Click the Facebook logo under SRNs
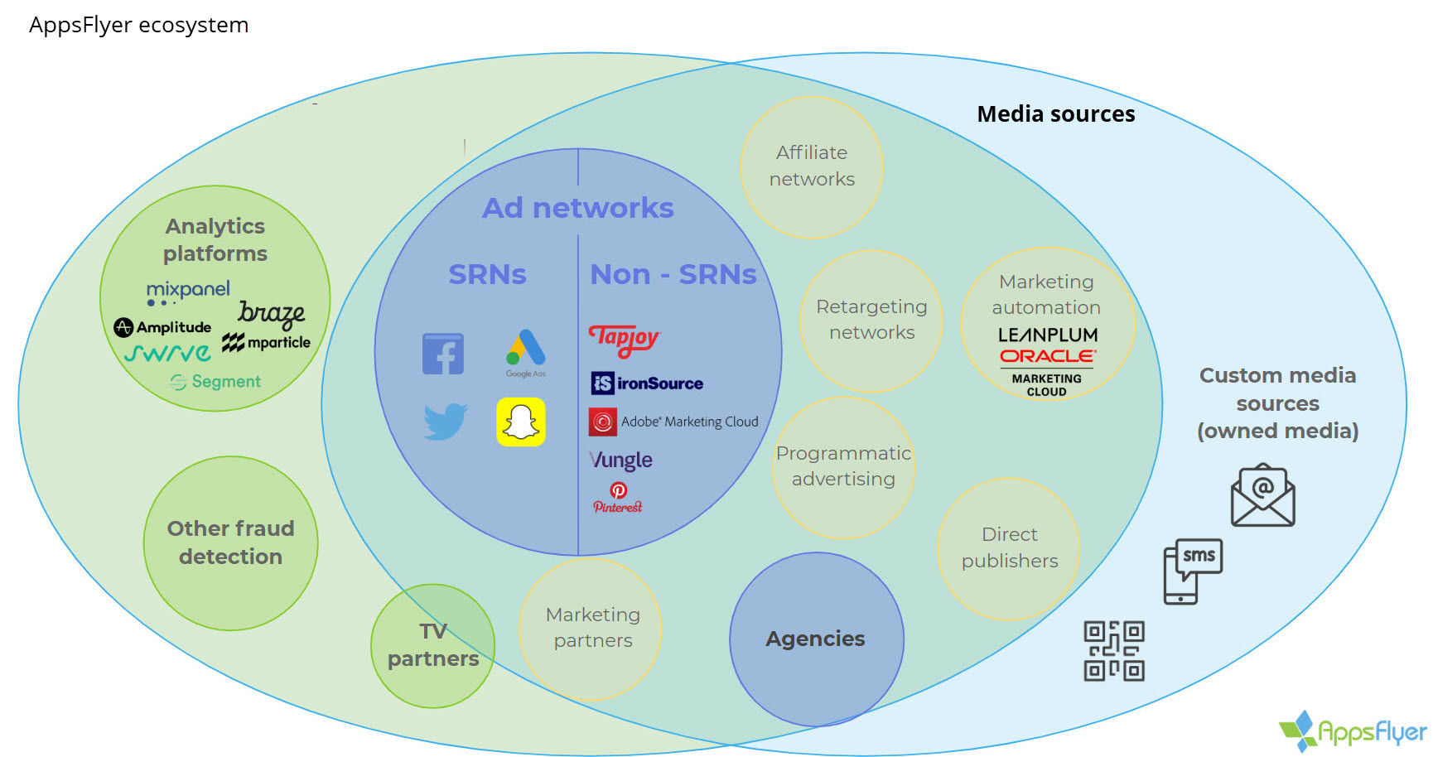click(x=443, y=354)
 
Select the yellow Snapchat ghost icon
click(x=521, y=422)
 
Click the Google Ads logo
click(x=526, y=352)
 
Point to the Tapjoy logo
click(x=624, y=339)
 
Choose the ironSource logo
click(x=647, y=383)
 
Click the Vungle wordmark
click(x=620, y=460)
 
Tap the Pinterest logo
click(x=618, y=498)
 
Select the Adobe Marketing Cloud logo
click(x=673, y=422)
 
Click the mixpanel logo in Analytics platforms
click(x=188, y=291)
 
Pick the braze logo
click(x=272, y=313)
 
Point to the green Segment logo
click(x=215, y=382)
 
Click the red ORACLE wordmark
click(x=1048, y=356)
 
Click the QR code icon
click(x=1114, y=651)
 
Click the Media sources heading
click(x=1056, y=114)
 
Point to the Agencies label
click(x=815, y=639)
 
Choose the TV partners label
click(x=433, y=645)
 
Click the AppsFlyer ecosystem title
click(x=139, y=25)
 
